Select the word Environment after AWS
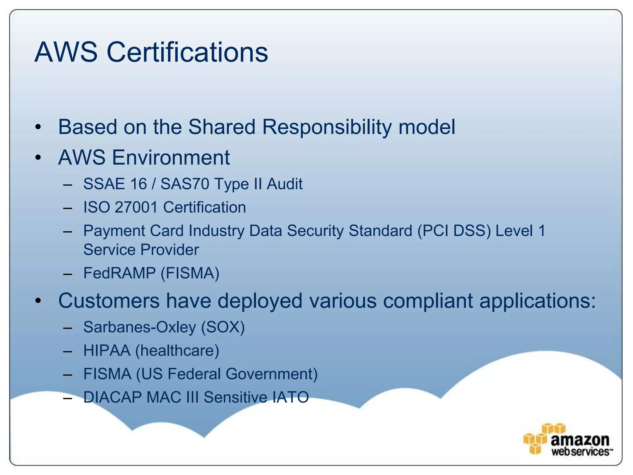coord(171,157)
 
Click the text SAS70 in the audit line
coord(185,184)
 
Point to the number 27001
coord(136,207)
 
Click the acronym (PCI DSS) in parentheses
coord(454,231)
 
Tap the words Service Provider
coord(141,250)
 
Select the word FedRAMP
coord(119,273)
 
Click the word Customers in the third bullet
coord(109,301)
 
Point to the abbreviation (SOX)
coord(223,327)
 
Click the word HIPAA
coord(107,351)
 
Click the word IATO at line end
coord(290,397)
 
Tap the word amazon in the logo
coord(580,440)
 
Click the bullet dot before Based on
coord(38,127)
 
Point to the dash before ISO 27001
coord(67,208)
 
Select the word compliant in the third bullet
coord(428,301)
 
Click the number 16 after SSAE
coord(138,184)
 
